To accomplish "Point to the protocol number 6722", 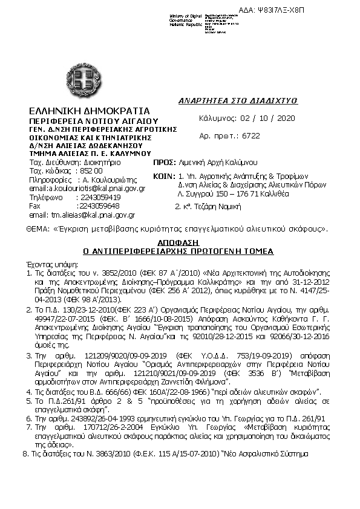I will pos(250,136).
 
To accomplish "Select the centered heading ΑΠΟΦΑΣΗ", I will pos(178,241).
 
